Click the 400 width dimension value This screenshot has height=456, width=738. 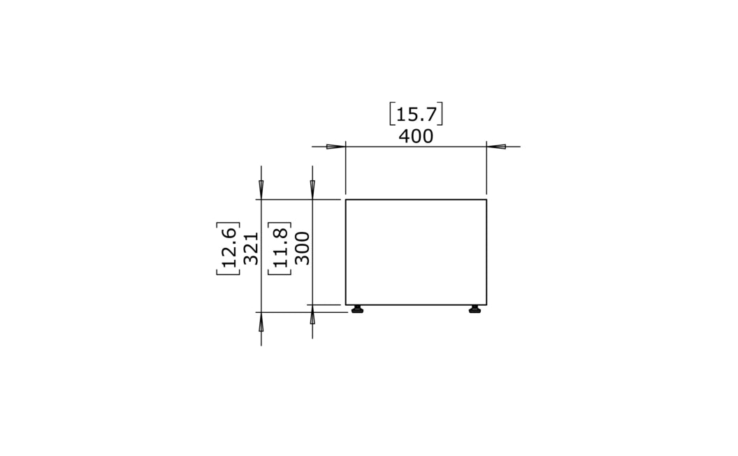click(x=416, y=136)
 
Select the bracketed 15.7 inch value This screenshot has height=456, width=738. click(x=416, y=114)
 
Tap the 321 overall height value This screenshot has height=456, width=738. click(x=252, y=249)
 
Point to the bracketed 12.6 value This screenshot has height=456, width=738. click(x=229, y=249)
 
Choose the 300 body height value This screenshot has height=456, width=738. click(x=303, y=249)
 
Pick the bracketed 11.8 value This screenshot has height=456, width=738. click(x=280, y=249)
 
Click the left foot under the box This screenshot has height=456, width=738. click(x=358, y=309)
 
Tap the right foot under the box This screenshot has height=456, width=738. click(x=475, y=309)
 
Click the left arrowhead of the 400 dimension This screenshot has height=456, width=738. click(x=336, y=147)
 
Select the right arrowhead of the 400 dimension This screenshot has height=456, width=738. click(x=496, y=147)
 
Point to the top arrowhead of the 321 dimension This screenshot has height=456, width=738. click(x=261, y=189)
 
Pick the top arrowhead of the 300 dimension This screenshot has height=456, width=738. click(x=312, y=189)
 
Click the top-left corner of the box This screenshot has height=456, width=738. click(x=346, y=200)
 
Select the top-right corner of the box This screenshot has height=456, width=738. click(x=486, y=200)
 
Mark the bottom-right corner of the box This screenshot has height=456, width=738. click(x=486, y=304)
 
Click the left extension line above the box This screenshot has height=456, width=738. click(x=346, y=171)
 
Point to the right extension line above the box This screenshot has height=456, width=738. click(x=486, y=171)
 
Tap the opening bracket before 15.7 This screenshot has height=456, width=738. click(x=392, y=114)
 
